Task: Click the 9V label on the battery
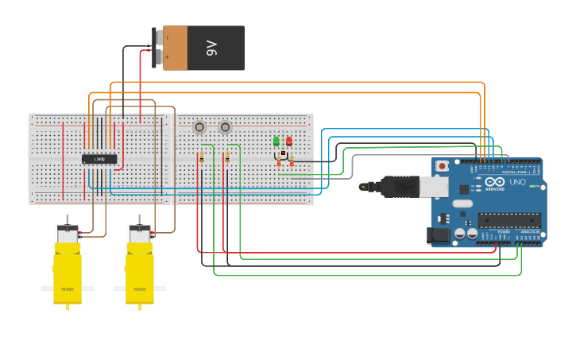click(211, 48)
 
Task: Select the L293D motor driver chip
click(99, 159)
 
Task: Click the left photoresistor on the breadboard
click(199, 127)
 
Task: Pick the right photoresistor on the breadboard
click(225, 127)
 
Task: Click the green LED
click(276, 141)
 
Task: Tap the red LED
click(288, 141)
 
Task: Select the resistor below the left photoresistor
click(202, 157)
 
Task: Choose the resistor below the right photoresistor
click(227, 157)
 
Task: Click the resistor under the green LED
click(279, 162)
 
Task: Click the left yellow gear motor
click(68, 266)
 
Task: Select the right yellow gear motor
click(140, 266)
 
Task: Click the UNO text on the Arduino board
click(517, 182)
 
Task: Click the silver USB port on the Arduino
click(432, 187)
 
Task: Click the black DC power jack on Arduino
click(437, 234)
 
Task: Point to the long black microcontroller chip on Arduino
click(508, 220)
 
